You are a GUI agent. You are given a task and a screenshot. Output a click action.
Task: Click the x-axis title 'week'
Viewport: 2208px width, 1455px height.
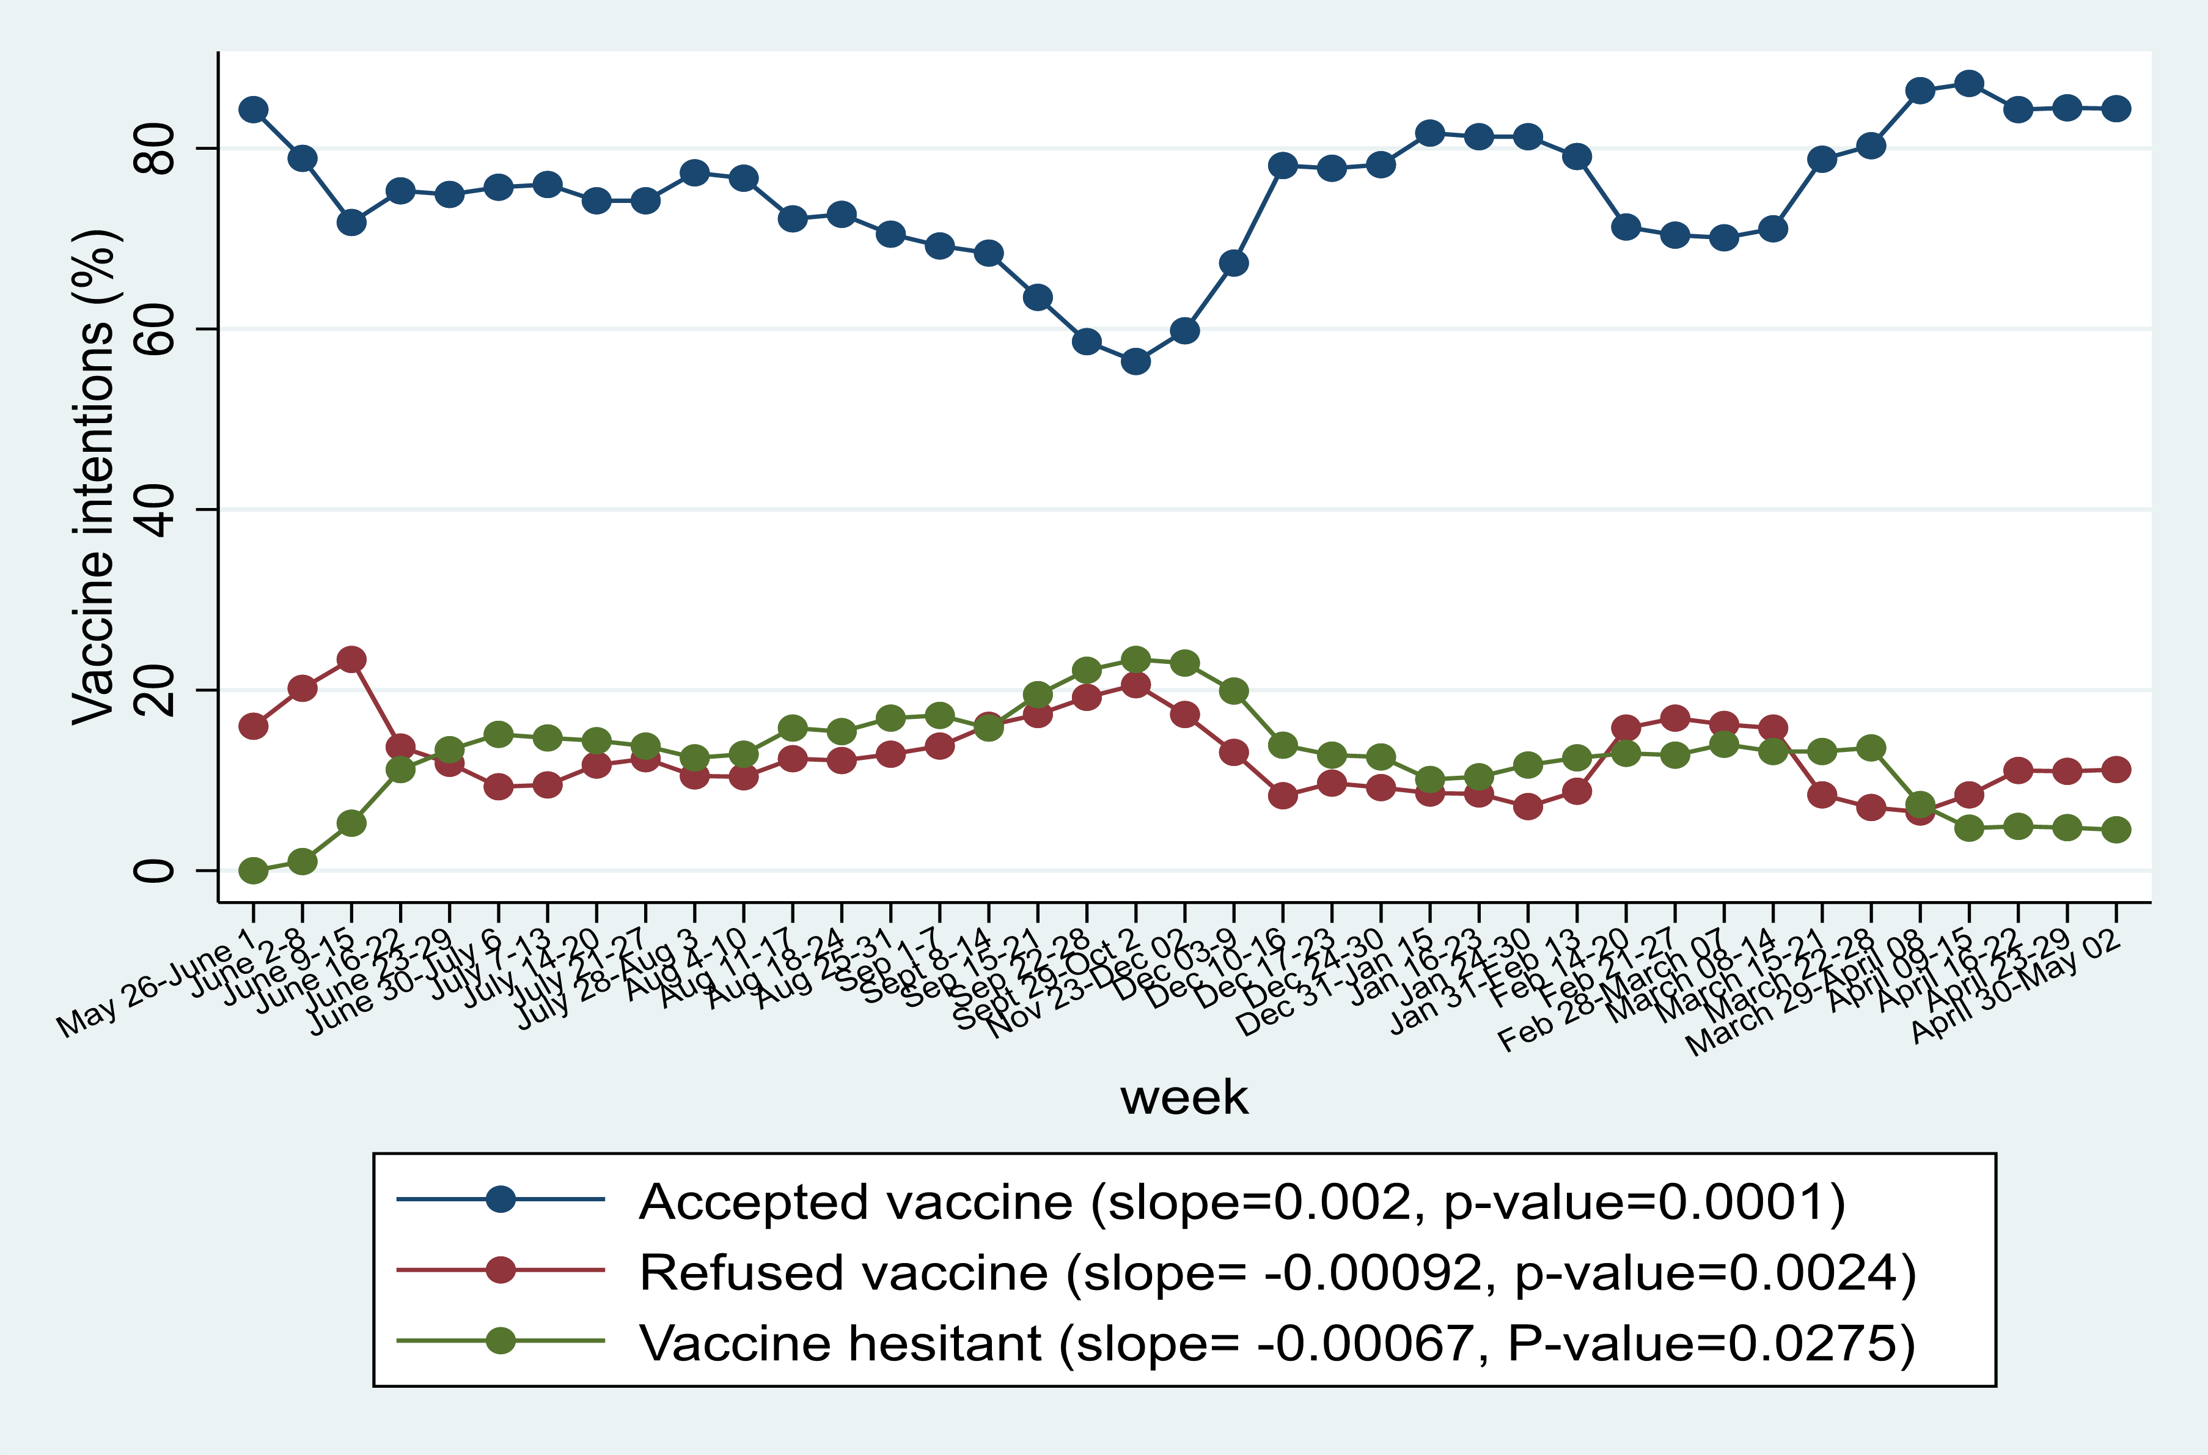click(1184, 1098)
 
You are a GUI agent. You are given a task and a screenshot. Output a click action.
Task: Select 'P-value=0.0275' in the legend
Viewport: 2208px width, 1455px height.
click(1710, 1344)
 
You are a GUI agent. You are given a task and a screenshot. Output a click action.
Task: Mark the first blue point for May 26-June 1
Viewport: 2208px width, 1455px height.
click(253, 109)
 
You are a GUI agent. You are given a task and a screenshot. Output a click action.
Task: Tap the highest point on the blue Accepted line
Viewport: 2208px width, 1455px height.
click(1968, 84)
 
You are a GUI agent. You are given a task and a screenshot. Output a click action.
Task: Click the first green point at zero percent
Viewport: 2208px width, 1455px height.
click(253, 871)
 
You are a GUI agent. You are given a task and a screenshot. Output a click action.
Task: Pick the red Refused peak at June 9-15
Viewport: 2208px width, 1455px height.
click(351, 660)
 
